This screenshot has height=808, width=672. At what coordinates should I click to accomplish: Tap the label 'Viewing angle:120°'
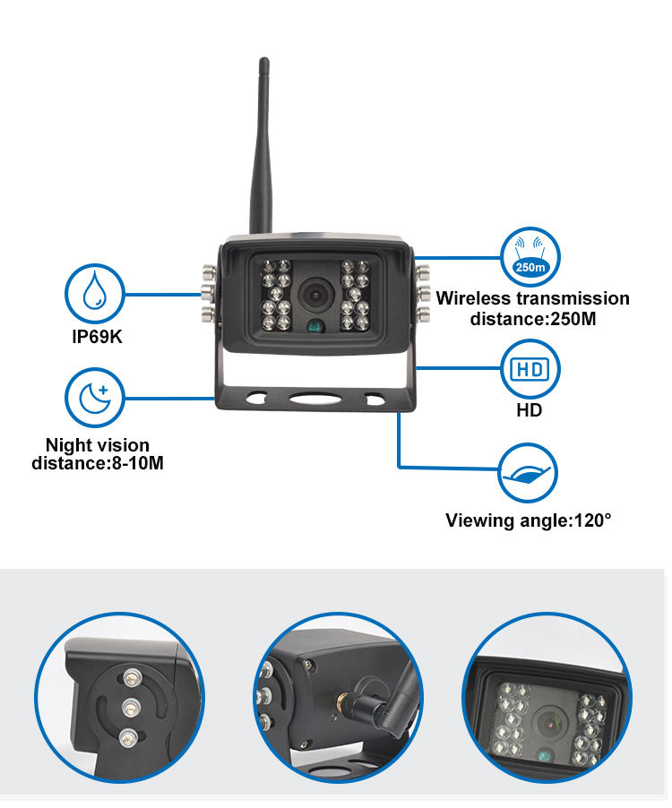pos(528,520)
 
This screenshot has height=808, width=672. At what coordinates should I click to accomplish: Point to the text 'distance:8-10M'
pos(98,463)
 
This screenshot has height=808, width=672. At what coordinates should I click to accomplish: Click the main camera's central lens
pos(314,292)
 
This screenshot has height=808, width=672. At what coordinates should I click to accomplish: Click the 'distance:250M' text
pos(532,318)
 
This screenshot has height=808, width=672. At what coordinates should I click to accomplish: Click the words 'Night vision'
pos(98,445)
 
